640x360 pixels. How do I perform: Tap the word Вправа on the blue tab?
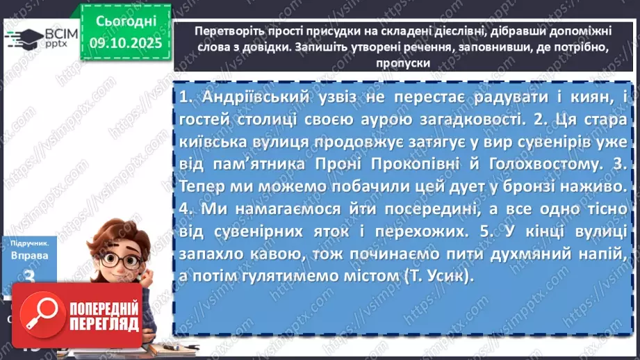coord(29,255)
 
